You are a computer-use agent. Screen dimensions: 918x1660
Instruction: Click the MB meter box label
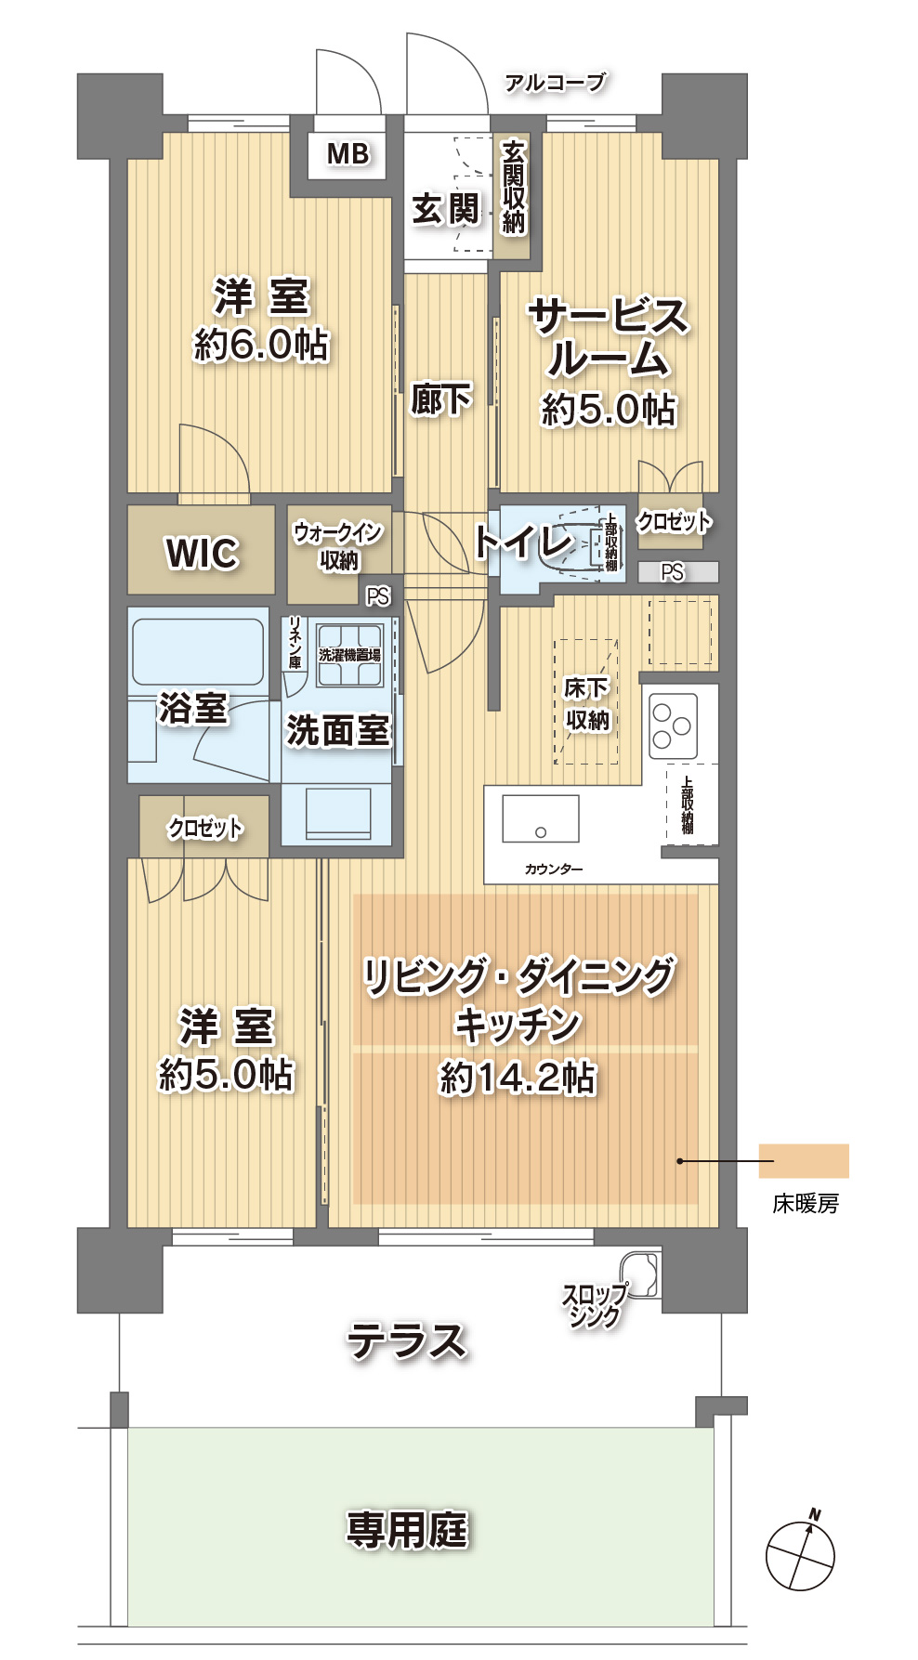(x=348, y=153)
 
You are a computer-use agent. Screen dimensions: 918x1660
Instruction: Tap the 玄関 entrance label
(x=446, y=209)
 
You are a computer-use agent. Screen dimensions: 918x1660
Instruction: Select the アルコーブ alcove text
(x=555, y=83)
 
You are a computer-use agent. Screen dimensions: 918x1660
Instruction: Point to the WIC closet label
(x=202, y=553)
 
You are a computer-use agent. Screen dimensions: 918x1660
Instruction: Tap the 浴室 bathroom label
(x=193, y=708)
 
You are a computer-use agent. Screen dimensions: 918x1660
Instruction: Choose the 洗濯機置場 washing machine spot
(x=349, y=655)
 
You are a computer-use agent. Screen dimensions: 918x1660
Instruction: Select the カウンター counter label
(x=554, y=869)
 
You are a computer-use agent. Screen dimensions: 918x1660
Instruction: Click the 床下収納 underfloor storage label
(x=587, y=703)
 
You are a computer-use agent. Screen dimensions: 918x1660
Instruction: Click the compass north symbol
(x=800, y=1554)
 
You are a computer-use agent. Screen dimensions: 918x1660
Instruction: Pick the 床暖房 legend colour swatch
(x=804, y=1161)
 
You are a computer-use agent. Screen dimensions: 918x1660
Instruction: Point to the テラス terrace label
(x=406, y=1341)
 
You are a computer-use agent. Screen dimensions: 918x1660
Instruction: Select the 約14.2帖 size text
(x=518, y=1078)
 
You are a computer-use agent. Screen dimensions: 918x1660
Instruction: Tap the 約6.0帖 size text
(x=261, y=345)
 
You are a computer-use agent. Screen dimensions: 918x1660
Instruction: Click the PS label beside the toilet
(x=672, y=572)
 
